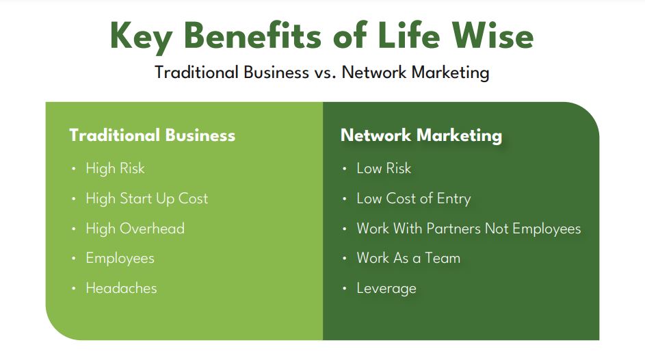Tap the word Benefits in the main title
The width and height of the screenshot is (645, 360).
click(253, 36)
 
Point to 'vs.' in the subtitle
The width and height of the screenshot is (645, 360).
click(325, 73)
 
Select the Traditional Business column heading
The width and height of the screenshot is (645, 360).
click(153, 136)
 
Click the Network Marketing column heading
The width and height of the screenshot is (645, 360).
click(421, 136)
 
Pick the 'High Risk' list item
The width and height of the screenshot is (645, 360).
click(115, 168)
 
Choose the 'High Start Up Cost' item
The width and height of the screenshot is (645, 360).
click(147, 198)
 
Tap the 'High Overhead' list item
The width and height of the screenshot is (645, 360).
click(135, 229)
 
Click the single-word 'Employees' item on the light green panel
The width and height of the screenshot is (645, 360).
click(120, 259)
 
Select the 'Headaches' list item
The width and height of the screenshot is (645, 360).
click(121, 288)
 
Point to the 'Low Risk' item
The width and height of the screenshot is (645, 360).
click(384, 168)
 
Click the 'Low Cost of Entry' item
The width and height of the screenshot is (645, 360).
click(413, 198)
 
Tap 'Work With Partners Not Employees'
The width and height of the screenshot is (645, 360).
click(469, 229)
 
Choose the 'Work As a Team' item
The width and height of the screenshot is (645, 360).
click(408, 258)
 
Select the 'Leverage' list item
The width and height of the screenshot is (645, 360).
click(386, 288)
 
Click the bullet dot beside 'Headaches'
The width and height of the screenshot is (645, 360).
click(74, 288)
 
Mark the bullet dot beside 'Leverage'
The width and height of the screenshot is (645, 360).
click(345, 288)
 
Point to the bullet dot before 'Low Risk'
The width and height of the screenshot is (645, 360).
click(345, 168)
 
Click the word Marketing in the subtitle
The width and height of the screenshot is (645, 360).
click(451, 73)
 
